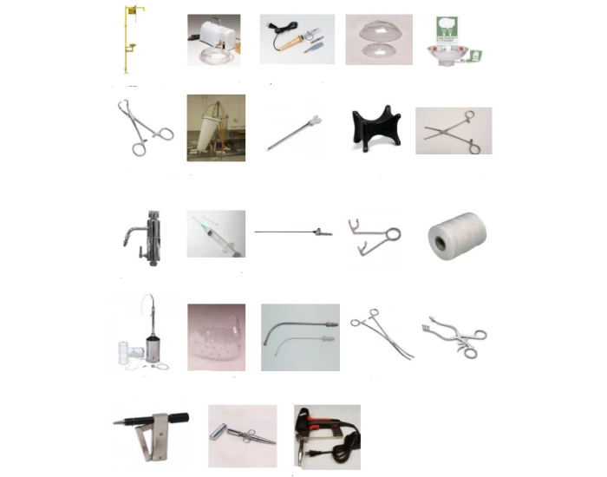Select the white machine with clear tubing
pyautogui.click(x=211, y=35)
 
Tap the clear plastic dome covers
pyautogui.click(x=379, y=39)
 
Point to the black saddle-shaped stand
pyautogui.click(x=375, y=130)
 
